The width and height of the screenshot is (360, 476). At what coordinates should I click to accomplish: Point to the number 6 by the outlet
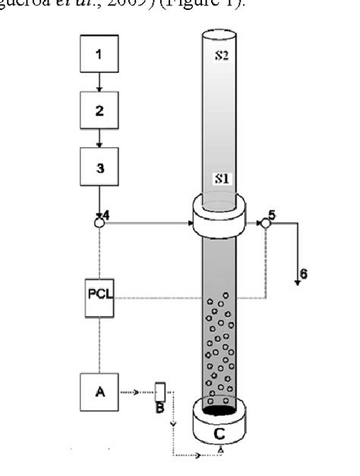[305, 273]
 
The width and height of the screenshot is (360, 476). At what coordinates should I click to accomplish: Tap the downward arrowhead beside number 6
[295, 281]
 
